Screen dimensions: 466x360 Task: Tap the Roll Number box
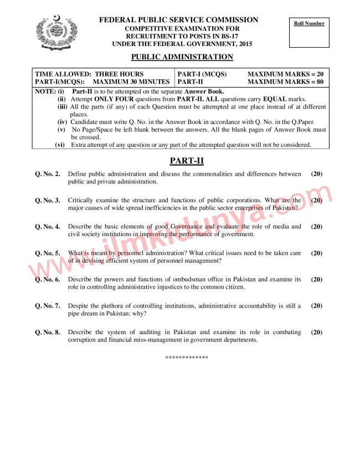click(310, 34)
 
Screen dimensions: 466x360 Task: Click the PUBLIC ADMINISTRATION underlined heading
click(182, 57)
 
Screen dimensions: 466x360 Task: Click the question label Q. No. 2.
click(48, 174)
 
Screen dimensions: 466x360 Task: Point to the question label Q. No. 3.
click(48, 201)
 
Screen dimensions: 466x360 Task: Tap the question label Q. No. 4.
click(48, 227)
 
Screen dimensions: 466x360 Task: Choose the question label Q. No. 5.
click(48, 253)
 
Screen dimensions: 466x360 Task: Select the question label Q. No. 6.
click(48, 280)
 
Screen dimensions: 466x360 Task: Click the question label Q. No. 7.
click(48, 306)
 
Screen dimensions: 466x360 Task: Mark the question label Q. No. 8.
click(48, 332)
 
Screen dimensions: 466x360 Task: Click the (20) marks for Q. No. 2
click(317, 174)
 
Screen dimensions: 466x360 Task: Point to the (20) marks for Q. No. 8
click(317, 332)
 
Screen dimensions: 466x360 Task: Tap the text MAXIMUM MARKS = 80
click(285, 81)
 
